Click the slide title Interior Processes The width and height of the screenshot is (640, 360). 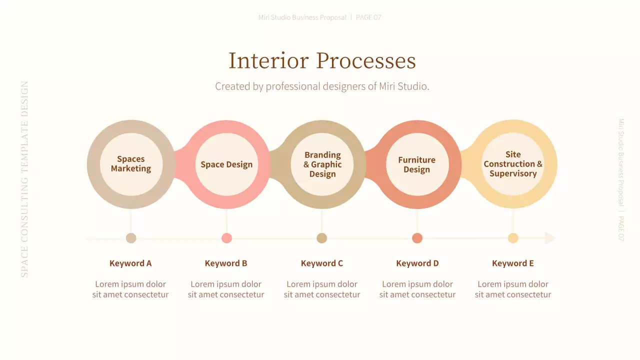click(x=322, y=61)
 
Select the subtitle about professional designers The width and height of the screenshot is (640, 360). click(x=322, y=86)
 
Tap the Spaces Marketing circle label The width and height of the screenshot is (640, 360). click(x=131, y=164)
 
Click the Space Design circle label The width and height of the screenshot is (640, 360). click(x=226, y=164)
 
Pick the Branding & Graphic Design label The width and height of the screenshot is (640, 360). click(x=322, y=164)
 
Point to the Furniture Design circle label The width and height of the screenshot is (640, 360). click(x=417, y=164)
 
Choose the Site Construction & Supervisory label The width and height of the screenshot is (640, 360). click(x=513, y=164)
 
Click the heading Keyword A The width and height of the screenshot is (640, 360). click(x=130, y=263)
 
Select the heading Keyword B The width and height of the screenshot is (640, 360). click(x=226, y=263)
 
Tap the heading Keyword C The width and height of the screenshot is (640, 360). click(x=322, y=263)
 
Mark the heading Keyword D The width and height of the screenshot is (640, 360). click(x=417, y=263)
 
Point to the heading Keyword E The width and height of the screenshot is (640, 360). click(x=513, y=263)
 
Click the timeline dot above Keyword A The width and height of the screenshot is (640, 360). click(x=131, y=238)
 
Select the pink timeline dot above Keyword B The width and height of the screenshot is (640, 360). click(x=226, y=238)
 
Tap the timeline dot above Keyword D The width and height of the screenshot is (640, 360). click(x=417, y=238)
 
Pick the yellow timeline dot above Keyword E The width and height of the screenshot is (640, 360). click(x=513, y=238)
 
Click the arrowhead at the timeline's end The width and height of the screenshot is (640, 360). click(x=550, y=238)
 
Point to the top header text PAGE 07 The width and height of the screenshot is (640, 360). click(x=368, y=17)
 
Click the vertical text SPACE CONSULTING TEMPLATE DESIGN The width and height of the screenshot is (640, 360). click(x=24, y=179)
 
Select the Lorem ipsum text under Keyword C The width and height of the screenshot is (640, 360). click(x=322, y=289)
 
